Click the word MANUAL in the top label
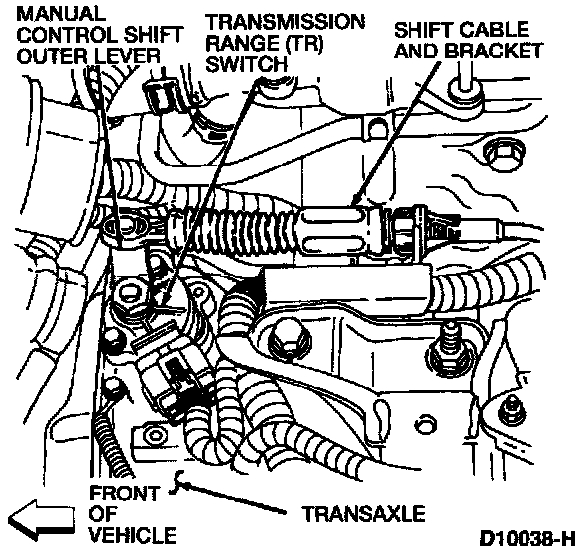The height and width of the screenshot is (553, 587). [x=60, y=14]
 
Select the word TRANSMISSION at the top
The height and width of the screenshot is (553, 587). [x=285, y=22]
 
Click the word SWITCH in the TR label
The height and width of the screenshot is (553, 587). [x=246, y=64]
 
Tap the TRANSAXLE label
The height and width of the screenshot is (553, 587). [x=364, y=513]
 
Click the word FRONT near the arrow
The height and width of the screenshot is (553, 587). [x=125, y=494]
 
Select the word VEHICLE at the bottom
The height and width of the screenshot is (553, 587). [x=133, y=535]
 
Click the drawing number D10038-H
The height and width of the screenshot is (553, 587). [x=528, y=539]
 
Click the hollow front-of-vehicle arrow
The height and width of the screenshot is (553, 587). [x=42, y=518]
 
